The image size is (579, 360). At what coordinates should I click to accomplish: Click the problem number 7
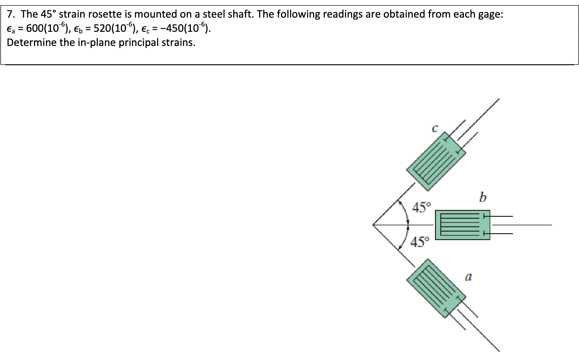[x=12, y=14]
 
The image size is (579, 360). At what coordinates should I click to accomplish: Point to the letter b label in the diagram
[x=483, y=197]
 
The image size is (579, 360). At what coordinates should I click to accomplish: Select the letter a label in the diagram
[x=468, y=277]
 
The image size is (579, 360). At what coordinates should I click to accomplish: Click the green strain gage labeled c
[x=436, y=161]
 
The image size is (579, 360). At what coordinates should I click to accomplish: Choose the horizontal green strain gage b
[x=462, y=225]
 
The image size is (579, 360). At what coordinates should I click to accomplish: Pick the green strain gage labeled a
[x=436, y=288]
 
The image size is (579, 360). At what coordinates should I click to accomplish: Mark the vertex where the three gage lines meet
[x=373, y=225]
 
